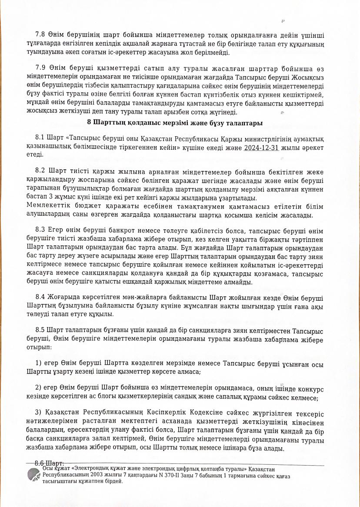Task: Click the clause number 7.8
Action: point(40,35)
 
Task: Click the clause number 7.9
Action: point(40,69)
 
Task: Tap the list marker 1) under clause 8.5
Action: point(38,363)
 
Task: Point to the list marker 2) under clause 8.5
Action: point(38,388)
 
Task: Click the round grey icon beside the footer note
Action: point(34,475)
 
